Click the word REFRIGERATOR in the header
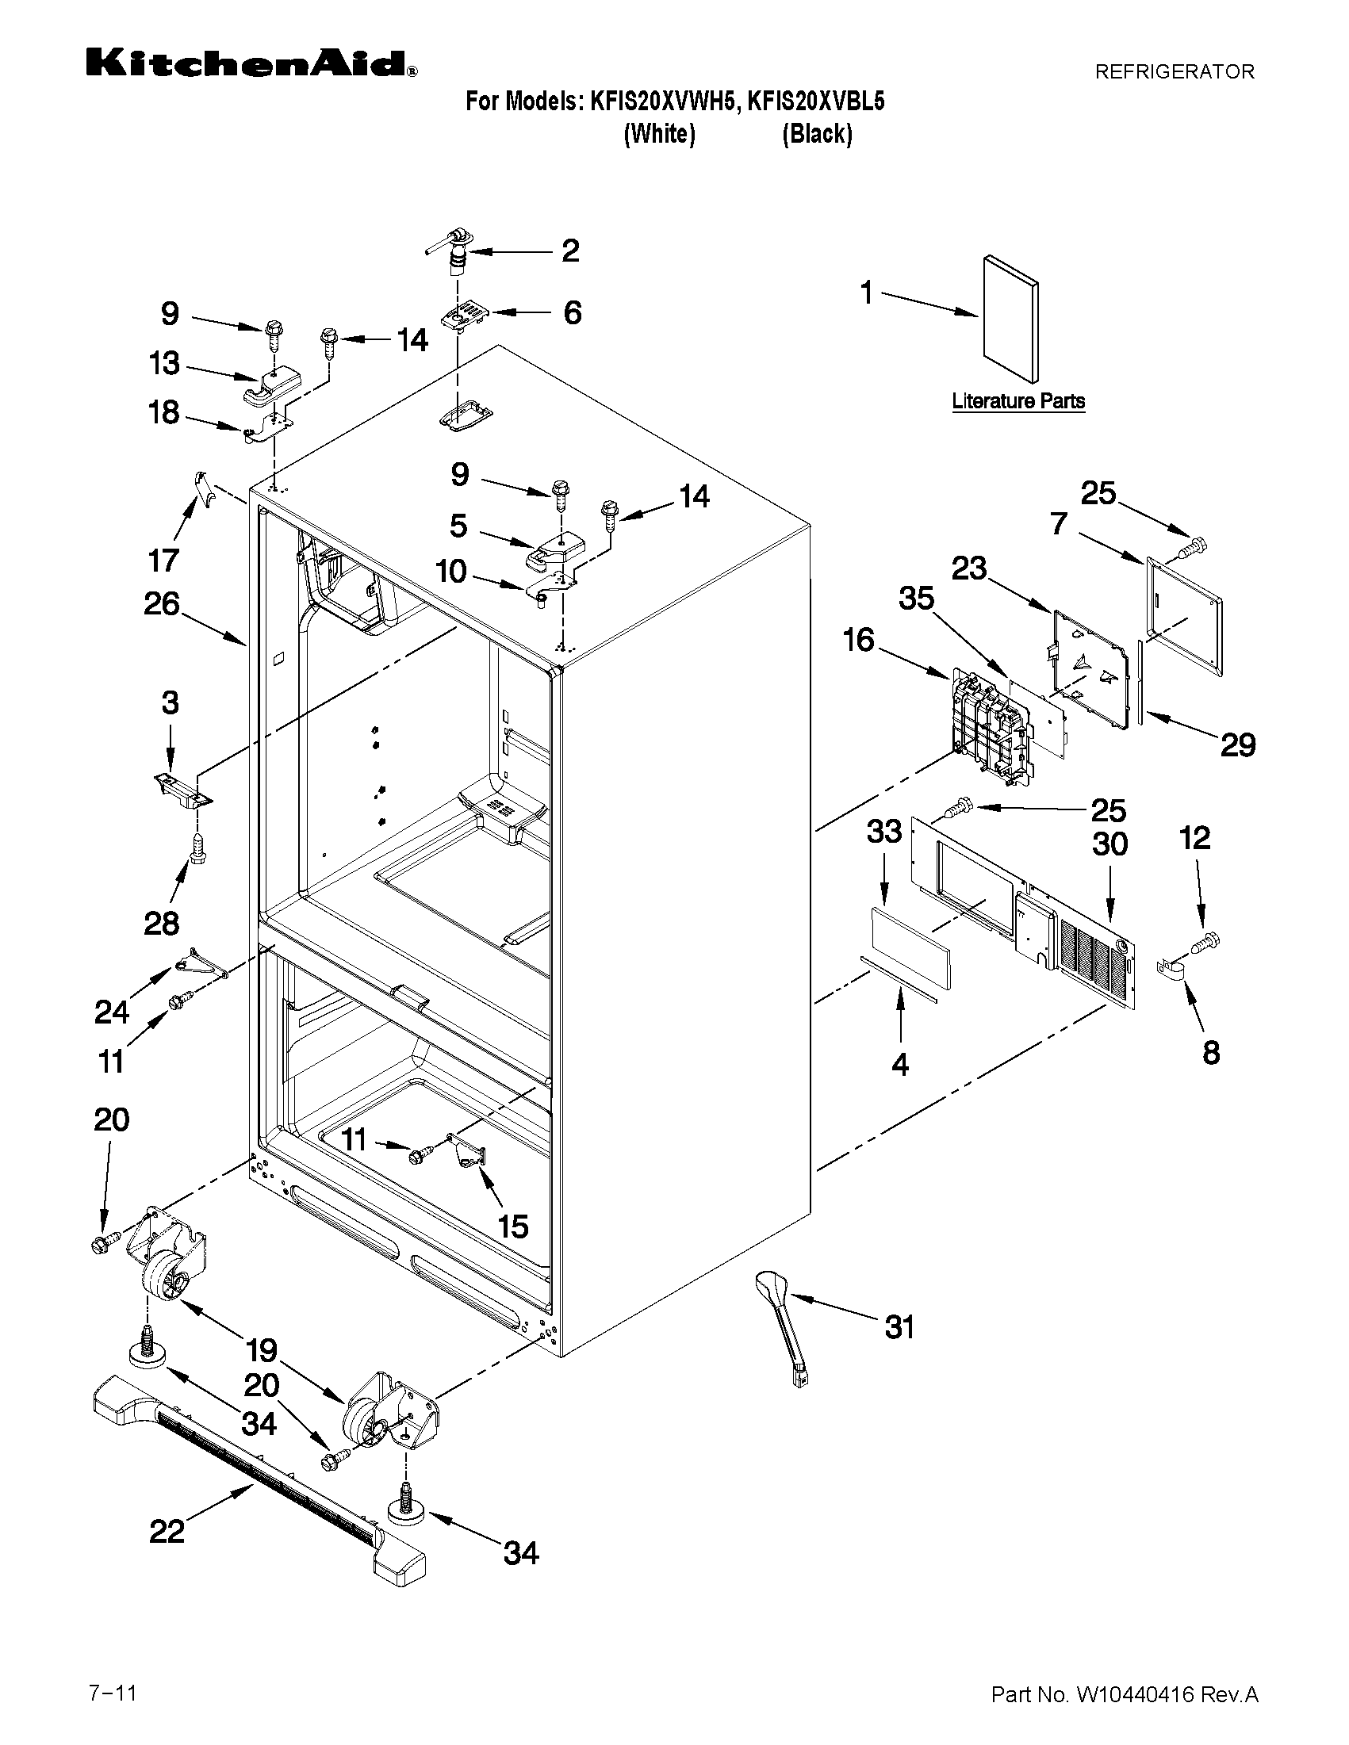pos(1174,72)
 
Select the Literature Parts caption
pos(1018,401)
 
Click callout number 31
pos(899,1327)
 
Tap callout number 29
pos(1236,744)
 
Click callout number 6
pos(573,312)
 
